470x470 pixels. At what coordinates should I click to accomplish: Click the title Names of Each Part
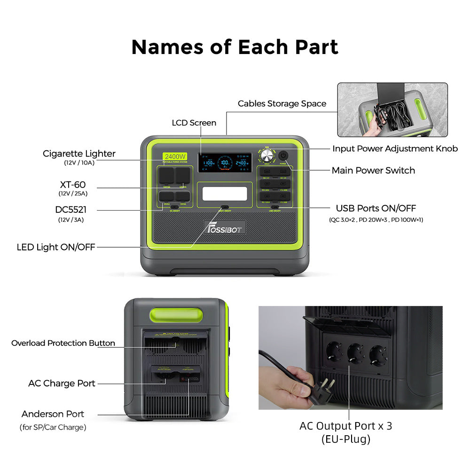pos(235,47)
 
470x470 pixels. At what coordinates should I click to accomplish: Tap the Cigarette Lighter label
pos(79,154)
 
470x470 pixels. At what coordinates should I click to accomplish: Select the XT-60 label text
pos(73,185)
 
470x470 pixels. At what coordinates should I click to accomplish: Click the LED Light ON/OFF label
pos(56,247)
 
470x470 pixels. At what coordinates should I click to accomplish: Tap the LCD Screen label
pos(194,123)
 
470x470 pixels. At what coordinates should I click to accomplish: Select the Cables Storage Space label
pos(282,103)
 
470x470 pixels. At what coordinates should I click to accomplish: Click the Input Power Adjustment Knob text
pos(395,149)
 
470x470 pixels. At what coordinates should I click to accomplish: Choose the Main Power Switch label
pos(373,170)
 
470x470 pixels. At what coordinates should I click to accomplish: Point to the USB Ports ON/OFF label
pos(376,208)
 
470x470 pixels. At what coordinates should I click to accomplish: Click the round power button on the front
pos(283,155)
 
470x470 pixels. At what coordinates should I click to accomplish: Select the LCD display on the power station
pos(224,163)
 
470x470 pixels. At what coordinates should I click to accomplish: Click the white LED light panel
pos(224,194)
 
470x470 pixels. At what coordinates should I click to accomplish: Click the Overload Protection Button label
pos(63,343)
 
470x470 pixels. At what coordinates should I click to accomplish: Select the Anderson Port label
pos(53,414)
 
